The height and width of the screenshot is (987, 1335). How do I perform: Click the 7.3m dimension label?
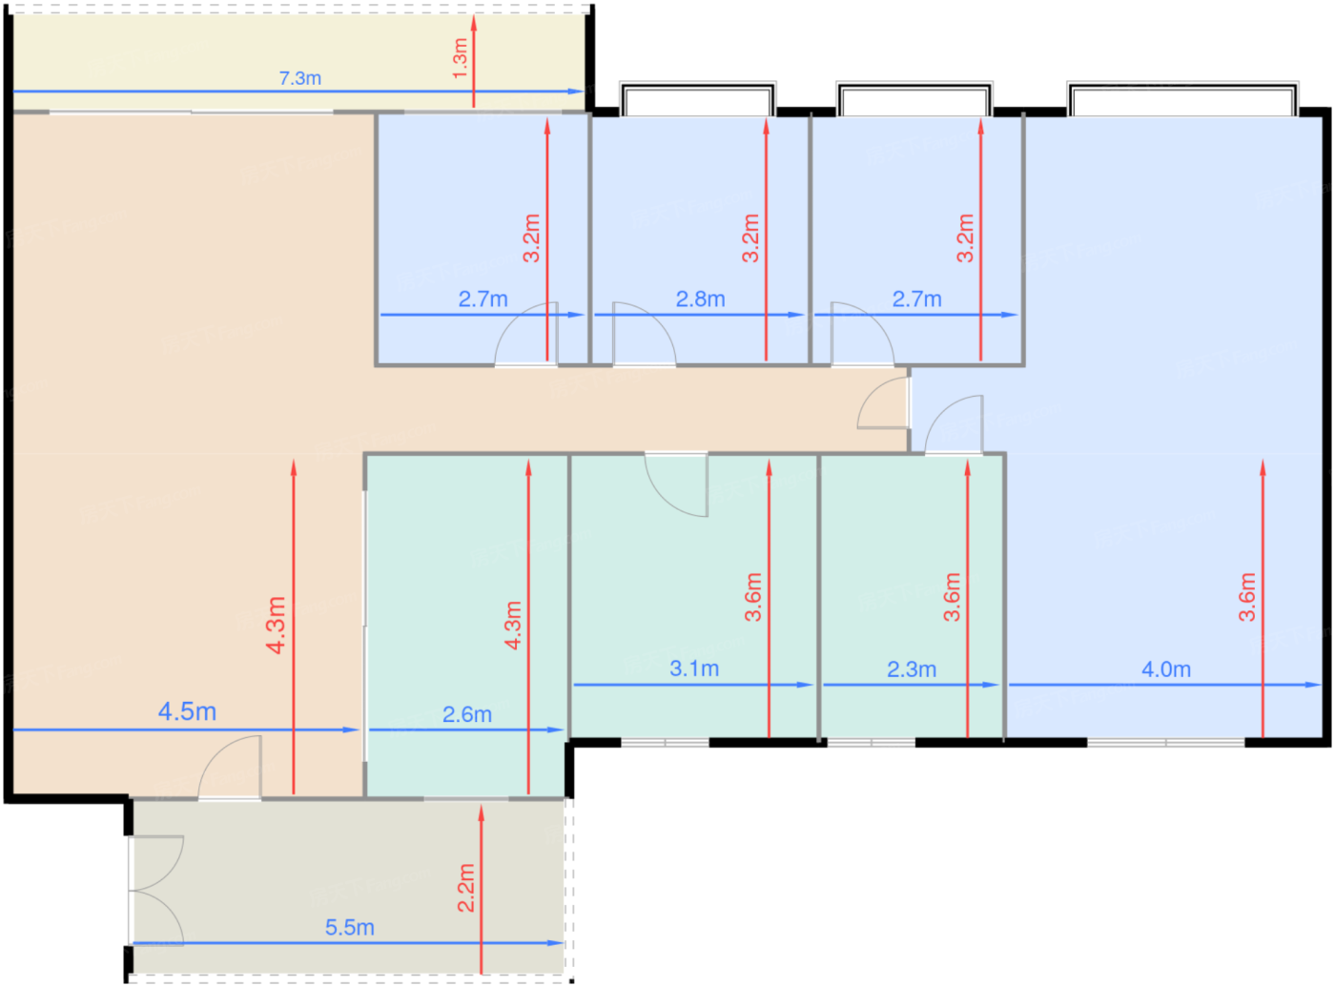[299, 78]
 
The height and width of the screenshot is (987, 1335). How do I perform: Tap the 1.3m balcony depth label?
[460, 58]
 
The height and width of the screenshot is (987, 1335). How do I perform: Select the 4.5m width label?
[187, 711]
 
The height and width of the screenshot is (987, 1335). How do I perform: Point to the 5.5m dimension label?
[350, 927]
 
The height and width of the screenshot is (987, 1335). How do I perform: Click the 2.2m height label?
[466, 888]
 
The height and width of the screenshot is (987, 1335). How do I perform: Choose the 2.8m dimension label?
[700, 298]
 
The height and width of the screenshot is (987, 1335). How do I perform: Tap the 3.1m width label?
[694, 668]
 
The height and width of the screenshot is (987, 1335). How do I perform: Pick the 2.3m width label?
[912, 669]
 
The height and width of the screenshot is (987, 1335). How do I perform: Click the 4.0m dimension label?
[1166, 669]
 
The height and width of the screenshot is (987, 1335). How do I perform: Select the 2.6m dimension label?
[467, 714]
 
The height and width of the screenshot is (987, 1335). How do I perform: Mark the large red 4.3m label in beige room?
[276, 625]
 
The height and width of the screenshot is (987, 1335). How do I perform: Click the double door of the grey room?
[155, 891]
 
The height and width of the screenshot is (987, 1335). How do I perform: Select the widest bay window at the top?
[1182, 99]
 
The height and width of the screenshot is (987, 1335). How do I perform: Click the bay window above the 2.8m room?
[698, 99]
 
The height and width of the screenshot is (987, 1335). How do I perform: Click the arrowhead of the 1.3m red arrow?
[474, 23]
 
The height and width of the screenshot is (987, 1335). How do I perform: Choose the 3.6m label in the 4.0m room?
[1247, 597]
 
